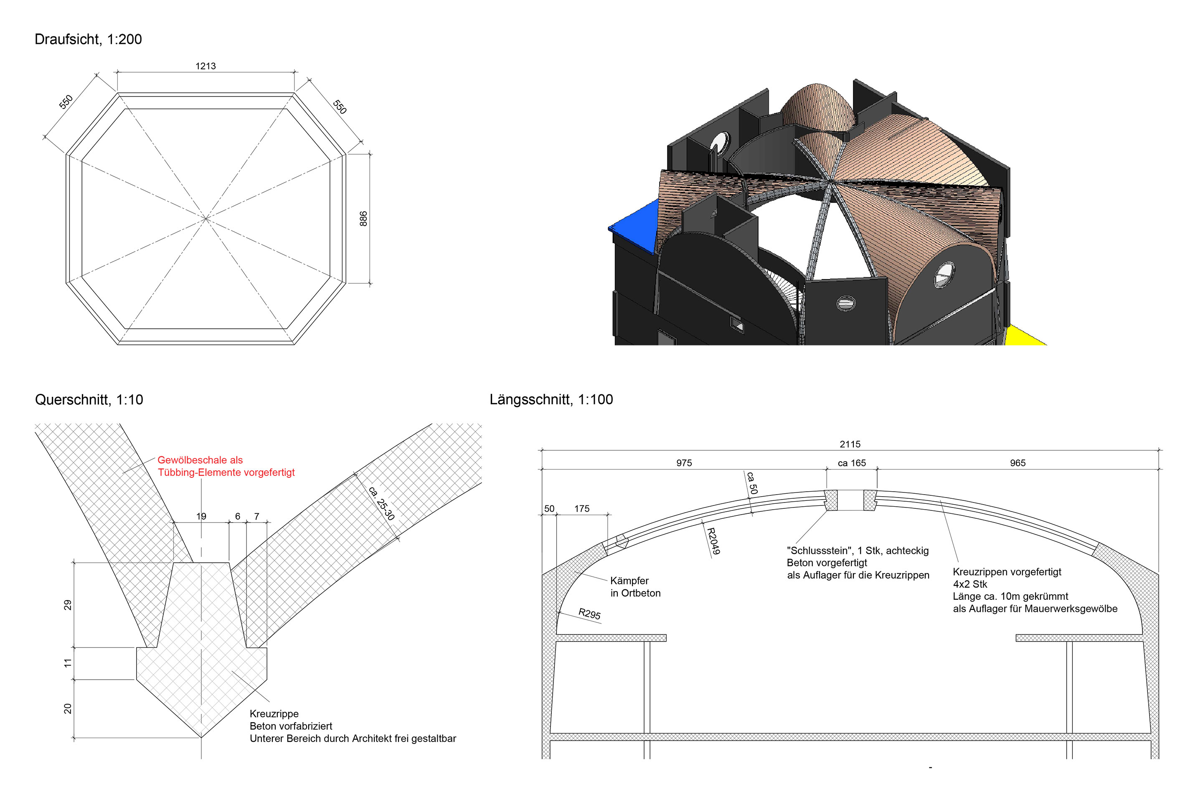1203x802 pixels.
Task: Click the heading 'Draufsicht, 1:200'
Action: [x=88, y=39]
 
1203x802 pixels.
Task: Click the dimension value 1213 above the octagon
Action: [x=206, y=66]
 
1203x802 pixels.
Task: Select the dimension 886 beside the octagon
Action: [x=363, y=218]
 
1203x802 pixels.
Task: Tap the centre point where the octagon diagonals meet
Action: [x=206, y=218]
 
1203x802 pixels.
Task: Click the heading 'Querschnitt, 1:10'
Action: [x=89, y=399]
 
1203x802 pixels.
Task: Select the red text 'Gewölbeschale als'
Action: [x=200, y=460]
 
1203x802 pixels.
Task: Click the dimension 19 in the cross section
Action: [x=201, y=517]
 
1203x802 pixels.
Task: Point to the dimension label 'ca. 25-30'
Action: [x=381, y=504]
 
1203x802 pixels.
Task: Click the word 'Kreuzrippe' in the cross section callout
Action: [x=274, y=713]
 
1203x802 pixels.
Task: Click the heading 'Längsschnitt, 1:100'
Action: [x=551, y=399]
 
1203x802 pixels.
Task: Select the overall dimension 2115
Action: [x=850, y=444]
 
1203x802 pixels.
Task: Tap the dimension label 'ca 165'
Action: [x=852, y=463]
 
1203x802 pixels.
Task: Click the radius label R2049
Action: [x=713, y=541]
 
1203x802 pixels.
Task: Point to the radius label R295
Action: [x=589, y=614]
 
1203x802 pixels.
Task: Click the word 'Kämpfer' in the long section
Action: [x=629, y=581]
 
